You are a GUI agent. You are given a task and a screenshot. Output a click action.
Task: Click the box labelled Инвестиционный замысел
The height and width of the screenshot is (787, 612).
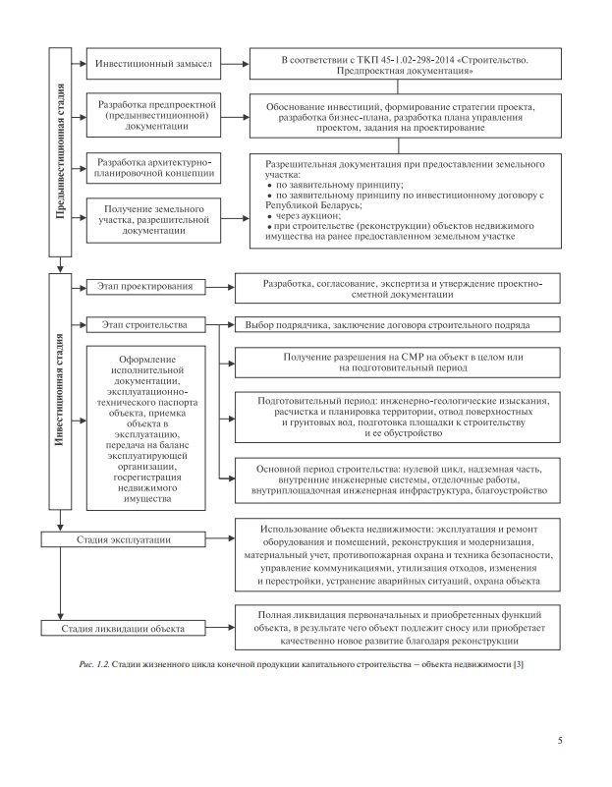[x=152, y=63]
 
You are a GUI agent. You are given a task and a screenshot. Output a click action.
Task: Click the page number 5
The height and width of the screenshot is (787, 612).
[x=559, y=740]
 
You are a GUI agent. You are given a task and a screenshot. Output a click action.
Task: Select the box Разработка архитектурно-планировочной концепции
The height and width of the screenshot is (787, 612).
[x=152, y=167]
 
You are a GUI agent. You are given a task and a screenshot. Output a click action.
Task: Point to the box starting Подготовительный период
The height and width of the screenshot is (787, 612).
[x=398, y=417]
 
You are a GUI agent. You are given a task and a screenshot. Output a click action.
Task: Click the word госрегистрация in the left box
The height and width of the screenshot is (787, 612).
[x=145, y=478]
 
